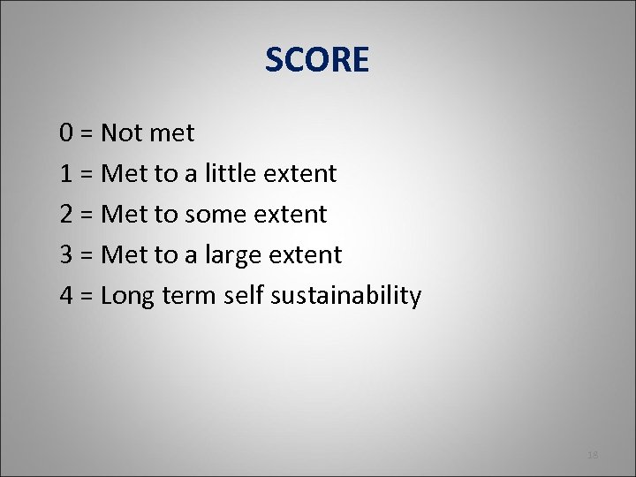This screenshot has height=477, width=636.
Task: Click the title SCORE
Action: tap(316, 60)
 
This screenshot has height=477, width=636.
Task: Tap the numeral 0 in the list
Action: tap(66, 133)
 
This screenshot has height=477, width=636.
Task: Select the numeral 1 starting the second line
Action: tap(66, 174)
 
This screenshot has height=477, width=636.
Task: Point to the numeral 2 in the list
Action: tap(66, 215)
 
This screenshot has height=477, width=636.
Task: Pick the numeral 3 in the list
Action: tap(66, 255)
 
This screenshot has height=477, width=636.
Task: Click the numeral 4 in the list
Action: tap(66, 296)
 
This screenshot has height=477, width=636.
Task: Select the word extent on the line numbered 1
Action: tap(301, 174)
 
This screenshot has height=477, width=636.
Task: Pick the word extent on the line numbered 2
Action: tap(291, 215)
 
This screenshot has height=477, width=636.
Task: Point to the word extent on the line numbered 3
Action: tap(306, 255)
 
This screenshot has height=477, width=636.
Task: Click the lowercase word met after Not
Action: tap(172, 133)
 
